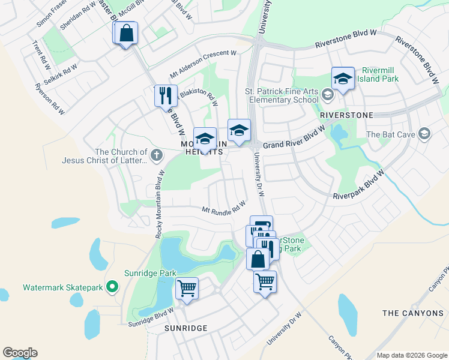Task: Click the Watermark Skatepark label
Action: point(63,288)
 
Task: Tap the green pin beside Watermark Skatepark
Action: point(112,288)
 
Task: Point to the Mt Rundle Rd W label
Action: point(223,208)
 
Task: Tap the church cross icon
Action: point(156,155)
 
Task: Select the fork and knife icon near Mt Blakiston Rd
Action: point(166,95)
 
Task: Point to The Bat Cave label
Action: point(390,134)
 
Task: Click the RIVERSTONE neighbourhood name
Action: point(346,115)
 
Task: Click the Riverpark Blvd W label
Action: point(358,186)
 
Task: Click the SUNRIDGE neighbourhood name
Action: point(185,328)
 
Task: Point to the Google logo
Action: point(20,353)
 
